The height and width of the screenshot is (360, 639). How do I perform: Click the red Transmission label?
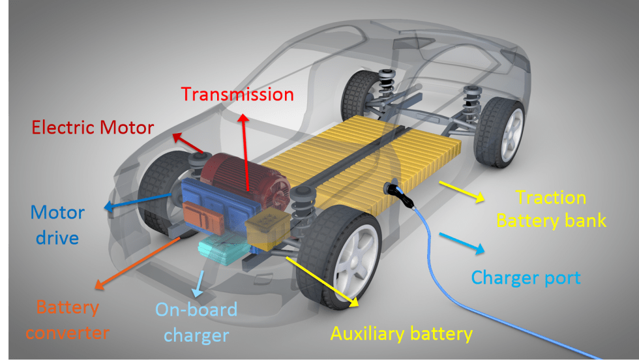coord(237,94)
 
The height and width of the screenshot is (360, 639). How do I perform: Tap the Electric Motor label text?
coord(93,128)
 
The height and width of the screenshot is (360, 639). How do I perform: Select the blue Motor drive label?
coord(57,225)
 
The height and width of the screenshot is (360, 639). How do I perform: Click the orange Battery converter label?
coord(67,320)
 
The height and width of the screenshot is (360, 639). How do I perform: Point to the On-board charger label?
coord(196,322)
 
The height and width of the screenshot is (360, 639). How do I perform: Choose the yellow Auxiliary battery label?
coord(402,333)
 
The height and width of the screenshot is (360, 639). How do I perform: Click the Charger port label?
coord(526,278)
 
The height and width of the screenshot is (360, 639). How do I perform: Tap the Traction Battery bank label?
coord(551,209)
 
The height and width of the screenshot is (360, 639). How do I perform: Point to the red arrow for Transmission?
coord(245,153)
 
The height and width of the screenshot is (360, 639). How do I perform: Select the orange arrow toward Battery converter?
coord(138,263)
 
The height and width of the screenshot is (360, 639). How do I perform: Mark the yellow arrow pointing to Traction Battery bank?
coord(462,192)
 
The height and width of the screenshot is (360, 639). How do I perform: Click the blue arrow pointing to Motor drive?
coord(138,202)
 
